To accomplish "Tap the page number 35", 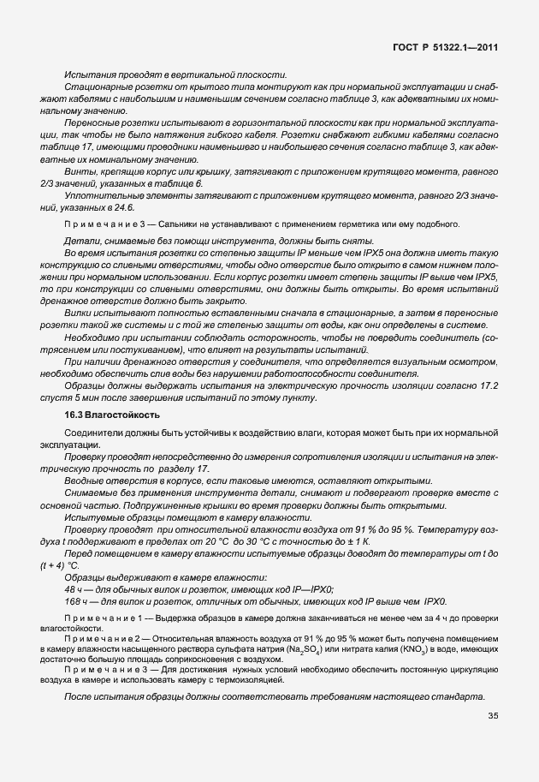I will point(493,717).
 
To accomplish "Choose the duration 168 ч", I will point(75,602).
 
